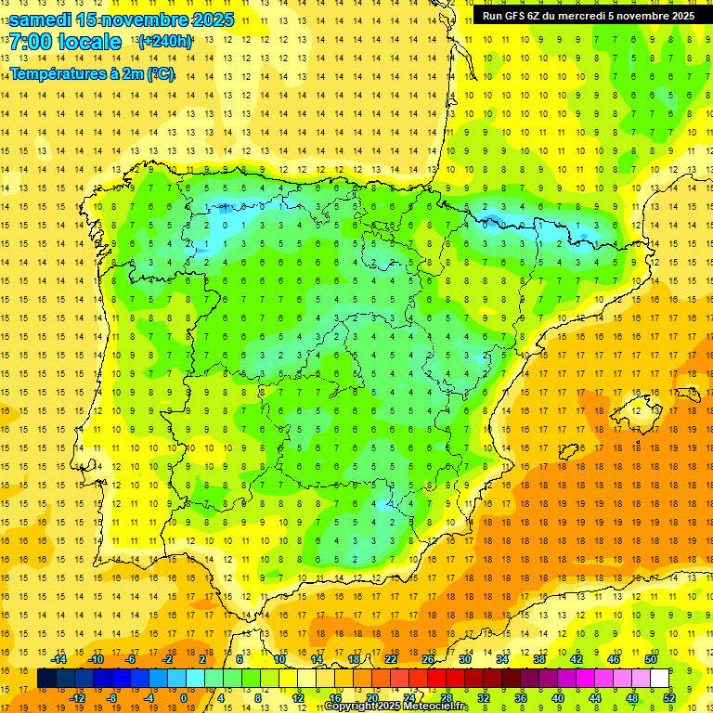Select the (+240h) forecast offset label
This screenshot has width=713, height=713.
coord(165,42)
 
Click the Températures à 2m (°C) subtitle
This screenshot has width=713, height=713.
coord(92,74)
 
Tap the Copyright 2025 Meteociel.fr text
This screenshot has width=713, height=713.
coord(396,707)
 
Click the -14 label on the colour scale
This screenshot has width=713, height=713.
coord(59,659)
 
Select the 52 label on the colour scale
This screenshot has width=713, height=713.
coord(669,698)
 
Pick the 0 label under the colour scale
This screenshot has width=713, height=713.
coord(183,698)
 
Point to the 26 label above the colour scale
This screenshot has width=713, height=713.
coord(428,659)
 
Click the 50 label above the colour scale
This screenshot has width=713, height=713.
coord(651,659)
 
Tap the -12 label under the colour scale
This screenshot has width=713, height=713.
coord(77,698)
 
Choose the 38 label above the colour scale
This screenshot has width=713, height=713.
coord(539,659)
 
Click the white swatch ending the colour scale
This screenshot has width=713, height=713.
coord(659,679)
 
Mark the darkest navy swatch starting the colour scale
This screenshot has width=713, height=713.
coord(46,679)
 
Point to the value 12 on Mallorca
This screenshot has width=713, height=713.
coord(635,410)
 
